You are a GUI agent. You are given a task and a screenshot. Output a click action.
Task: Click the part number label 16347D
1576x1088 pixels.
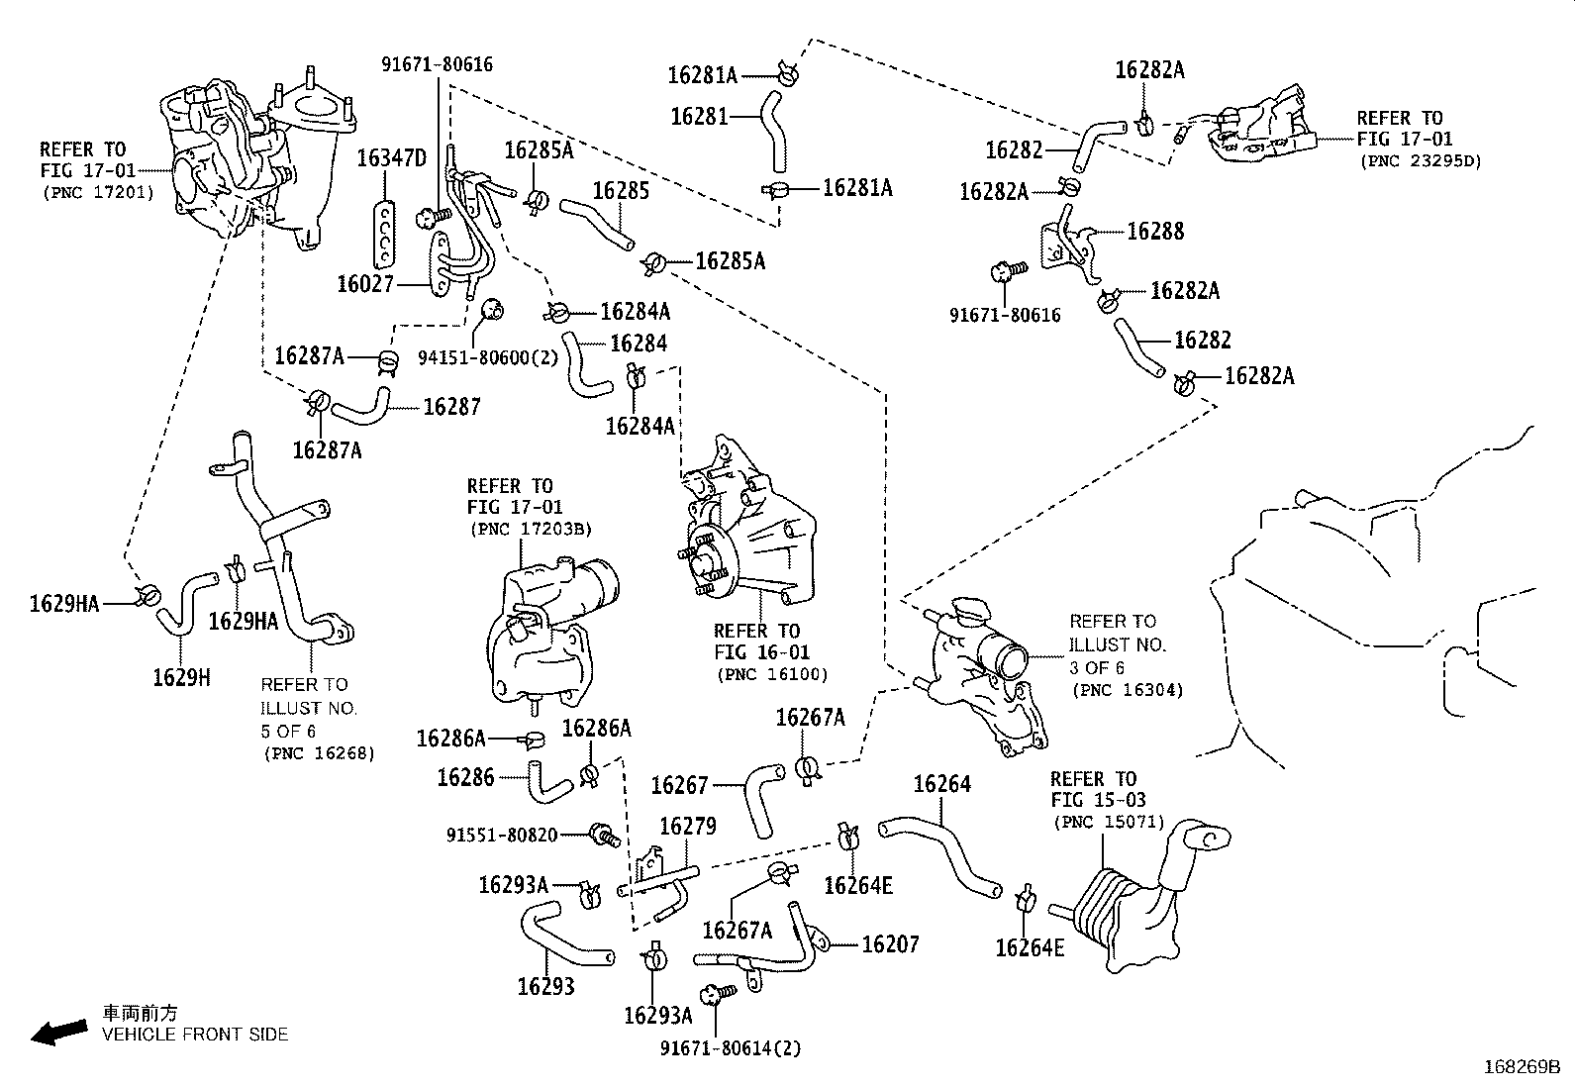(x=391, y=157)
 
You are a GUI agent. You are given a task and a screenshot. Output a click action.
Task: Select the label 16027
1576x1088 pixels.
(x=365, y=284)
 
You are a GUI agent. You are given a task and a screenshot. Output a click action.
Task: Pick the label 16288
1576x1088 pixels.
(x=1155, y=231)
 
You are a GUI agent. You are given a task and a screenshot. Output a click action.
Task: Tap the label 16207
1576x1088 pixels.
(x=890, y=943)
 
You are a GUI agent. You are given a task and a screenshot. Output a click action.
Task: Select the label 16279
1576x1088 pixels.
(x=687, y=826)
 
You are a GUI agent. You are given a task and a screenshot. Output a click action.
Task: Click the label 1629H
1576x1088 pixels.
(x=181, y=677)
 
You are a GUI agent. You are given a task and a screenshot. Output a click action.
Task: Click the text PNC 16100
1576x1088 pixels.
(x=771, y=674)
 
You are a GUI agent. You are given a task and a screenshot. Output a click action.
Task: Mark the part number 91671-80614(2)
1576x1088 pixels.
(x=731, y=1047)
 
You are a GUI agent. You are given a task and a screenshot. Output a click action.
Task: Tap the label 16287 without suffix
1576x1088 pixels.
(x=451, y=406)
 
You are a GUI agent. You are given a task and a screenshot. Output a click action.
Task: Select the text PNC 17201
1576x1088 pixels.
(x=97, y=192)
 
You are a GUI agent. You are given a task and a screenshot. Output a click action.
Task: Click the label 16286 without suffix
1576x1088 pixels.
(x=465, y=777)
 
